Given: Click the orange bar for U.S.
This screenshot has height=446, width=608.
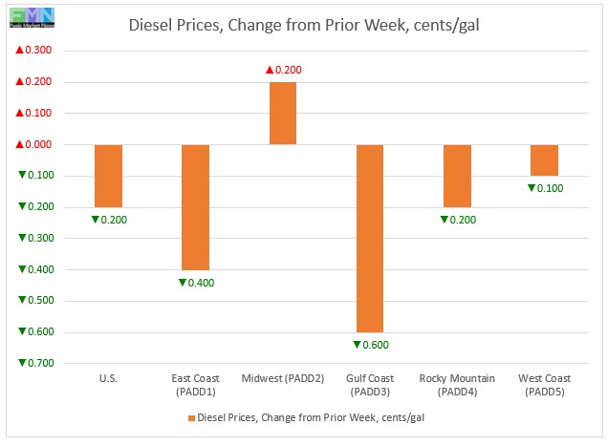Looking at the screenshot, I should [x=108, y=176].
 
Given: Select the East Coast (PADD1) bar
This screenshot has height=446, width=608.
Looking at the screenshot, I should [x=195, y=207].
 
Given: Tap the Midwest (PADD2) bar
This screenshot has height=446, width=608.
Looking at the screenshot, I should [x=282, y=114].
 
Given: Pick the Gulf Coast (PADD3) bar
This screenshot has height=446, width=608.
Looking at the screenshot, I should [x=370, y=238].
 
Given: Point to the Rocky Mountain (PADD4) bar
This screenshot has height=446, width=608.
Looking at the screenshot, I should [x=457, y=176].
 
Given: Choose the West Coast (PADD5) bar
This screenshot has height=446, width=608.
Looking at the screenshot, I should [x=544, y=160].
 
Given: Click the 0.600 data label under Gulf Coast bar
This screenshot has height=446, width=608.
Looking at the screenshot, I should [x=370, y=345].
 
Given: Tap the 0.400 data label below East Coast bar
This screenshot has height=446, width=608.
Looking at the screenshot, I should [x=196, y=283].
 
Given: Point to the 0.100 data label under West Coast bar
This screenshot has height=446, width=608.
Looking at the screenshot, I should [x=545, y=188].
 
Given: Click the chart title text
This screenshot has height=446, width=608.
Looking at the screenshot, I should [x=304, y=26].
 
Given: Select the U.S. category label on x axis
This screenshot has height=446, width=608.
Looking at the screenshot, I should [x=108, y=379].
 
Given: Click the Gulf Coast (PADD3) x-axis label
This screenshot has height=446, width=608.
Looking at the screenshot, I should [x=370, y=385].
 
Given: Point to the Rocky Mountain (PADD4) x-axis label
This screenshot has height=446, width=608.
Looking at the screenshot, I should [x=457, y=385].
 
